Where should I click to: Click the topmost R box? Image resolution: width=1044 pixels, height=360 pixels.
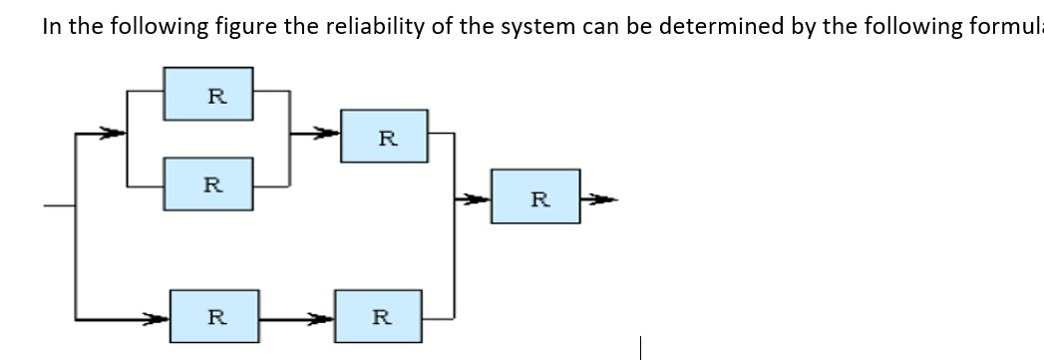(207, 95)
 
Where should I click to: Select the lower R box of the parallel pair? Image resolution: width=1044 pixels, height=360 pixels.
(207, 184)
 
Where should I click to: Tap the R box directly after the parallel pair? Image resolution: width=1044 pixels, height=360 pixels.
(385, 137)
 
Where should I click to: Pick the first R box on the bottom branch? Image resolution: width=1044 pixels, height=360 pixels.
(214, 316)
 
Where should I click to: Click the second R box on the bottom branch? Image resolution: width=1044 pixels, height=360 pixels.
(379, 316)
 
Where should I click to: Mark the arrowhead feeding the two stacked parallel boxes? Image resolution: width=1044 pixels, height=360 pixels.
(114, 132)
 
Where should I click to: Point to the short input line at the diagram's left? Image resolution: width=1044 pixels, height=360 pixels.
(59, 206)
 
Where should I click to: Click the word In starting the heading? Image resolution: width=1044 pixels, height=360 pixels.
(51, 27)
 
